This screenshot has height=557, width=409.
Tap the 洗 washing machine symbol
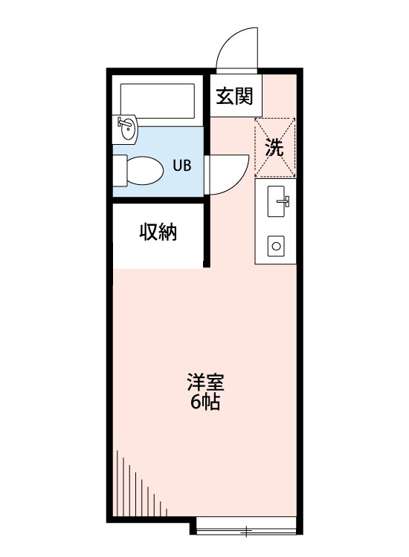pyautogui.click(x=275, y=147)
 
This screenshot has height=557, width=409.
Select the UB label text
pyautogui.click(x=182, y=166)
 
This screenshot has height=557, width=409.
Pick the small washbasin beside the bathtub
pyautogui.click(x=126, y=131)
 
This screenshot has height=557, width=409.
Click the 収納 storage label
pyautogui.click(x=158, y=232)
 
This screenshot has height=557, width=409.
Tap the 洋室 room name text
pyautogui.click(x=205, y=385)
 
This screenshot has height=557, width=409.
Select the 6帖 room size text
pyautogui.click(x=205, y=403)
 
